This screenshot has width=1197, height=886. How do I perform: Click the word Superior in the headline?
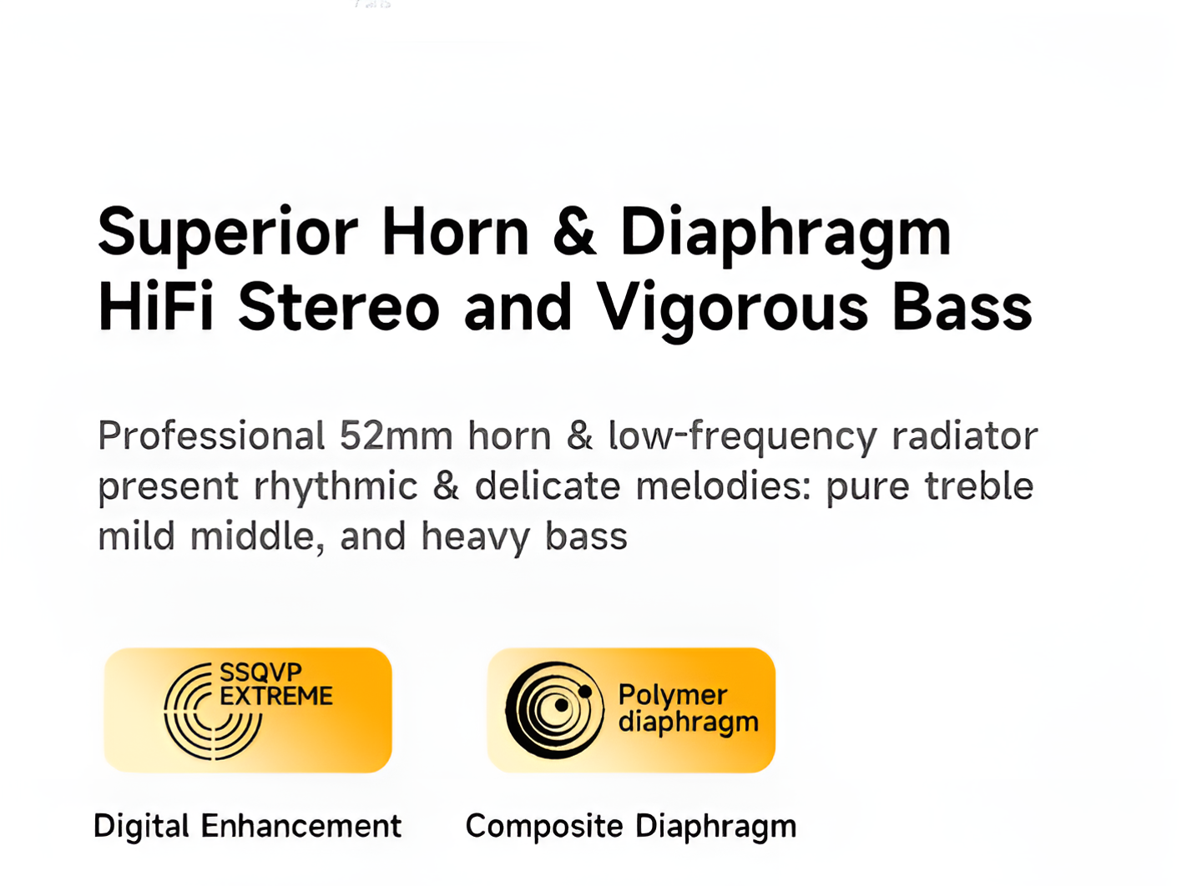coord(227,234)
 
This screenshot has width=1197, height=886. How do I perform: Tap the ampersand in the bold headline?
coord(574,231)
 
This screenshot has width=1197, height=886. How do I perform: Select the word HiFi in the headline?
coord(155,306)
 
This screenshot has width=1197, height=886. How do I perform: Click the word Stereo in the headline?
coord(339,307)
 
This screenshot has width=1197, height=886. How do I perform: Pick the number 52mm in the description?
coord(396,435)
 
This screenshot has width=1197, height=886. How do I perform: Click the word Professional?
coord(211,435)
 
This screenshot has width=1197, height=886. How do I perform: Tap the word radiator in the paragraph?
coord(964,435)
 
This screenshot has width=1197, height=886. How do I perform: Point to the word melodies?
coord(723,485)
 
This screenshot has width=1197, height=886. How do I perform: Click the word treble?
coord(978,485)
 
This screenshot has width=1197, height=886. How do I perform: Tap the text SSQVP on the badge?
coord(260,672)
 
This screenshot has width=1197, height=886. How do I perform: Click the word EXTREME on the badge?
coord(276,696)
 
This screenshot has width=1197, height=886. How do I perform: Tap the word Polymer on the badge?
coord(673,694)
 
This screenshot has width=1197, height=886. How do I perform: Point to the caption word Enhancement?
coord(301,826)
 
